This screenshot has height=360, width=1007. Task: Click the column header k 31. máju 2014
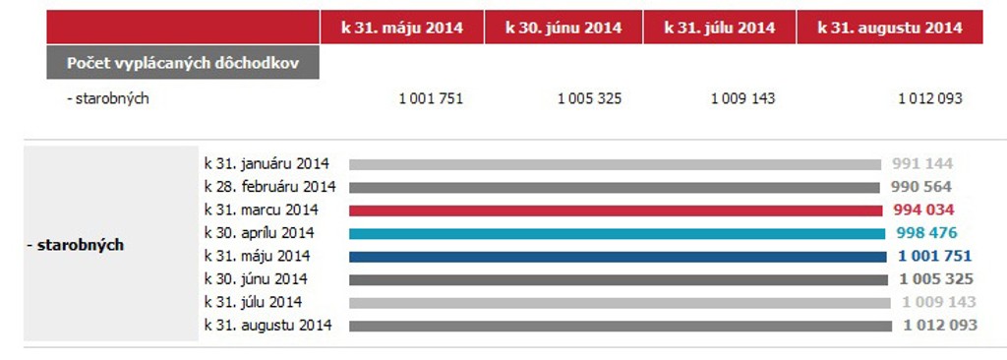click(x=402, y=28)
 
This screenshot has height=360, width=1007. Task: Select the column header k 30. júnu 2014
click(x=563, y=28)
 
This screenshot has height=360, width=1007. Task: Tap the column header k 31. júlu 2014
click(x=719, y=28)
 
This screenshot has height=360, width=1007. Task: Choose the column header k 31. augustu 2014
click(x=889, y=28)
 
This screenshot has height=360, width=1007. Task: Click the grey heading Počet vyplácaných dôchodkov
click(x=183, y=63)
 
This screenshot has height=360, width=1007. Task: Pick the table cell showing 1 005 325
click(x=589, y=98)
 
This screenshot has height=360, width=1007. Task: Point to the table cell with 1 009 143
click(x=742, y=98)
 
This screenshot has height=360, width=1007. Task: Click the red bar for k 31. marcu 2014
click(x=616, y=210)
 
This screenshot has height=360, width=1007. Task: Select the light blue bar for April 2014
click(x=618, y=234)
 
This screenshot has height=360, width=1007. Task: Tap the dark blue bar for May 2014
click(x=618, y=257)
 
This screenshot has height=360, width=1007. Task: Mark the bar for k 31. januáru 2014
click(x=616, y=164)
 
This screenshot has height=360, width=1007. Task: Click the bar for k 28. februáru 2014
click(x=615, y=188)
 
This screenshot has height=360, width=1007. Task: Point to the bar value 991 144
click(x=922, y=164)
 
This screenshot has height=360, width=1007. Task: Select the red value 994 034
click(x=923, y=210)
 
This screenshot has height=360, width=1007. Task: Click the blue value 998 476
click(x=926, y=233)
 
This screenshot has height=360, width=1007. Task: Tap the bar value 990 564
click(x=920, y=187)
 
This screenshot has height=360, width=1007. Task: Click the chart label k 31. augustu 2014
click(x=268, y=326)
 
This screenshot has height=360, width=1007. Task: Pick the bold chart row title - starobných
click(x=75, y=246)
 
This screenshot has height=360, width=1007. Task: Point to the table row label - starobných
click(x=108, y=99)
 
